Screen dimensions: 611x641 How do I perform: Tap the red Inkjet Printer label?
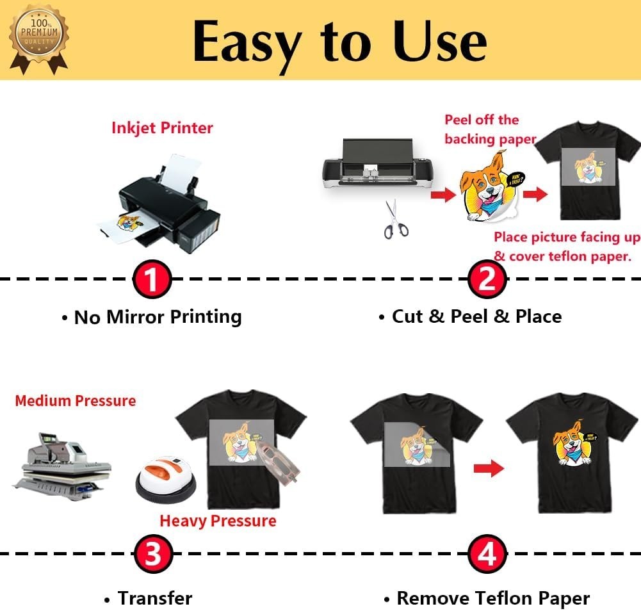(x=162, y=127)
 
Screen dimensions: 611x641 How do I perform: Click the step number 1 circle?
(x=152, y=280)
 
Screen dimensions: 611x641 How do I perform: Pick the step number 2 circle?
(x=487, y=280)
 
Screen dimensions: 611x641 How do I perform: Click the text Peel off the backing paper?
(x=490, y=129)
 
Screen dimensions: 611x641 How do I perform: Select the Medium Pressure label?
(x=76, y=401)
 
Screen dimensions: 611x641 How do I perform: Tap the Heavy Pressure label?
(x=218, y=521)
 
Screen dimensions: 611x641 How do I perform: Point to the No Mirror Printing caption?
(x=158, y=316)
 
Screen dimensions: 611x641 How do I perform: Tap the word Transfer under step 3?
(x=154, y=598)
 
